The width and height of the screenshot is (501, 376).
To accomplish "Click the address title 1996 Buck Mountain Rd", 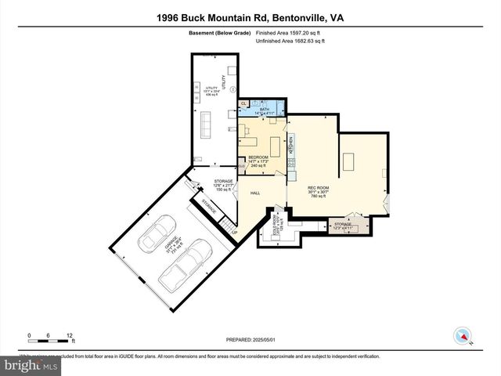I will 250,16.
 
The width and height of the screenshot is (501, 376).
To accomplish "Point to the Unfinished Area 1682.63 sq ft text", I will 290,42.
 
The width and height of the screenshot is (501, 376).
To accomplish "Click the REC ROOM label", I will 296,189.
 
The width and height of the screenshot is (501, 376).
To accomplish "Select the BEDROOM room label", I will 258,157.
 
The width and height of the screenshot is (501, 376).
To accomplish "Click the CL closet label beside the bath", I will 243,103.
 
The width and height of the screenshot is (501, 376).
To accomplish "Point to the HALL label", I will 255,193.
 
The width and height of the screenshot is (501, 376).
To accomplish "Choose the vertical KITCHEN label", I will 290,145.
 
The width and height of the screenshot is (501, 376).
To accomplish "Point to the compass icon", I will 464,337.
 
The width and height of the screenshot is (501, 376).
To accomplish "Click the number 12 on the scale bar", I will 70,334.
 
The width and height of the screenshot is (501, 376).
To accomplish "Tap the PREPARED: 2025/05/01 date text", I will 250,339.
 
